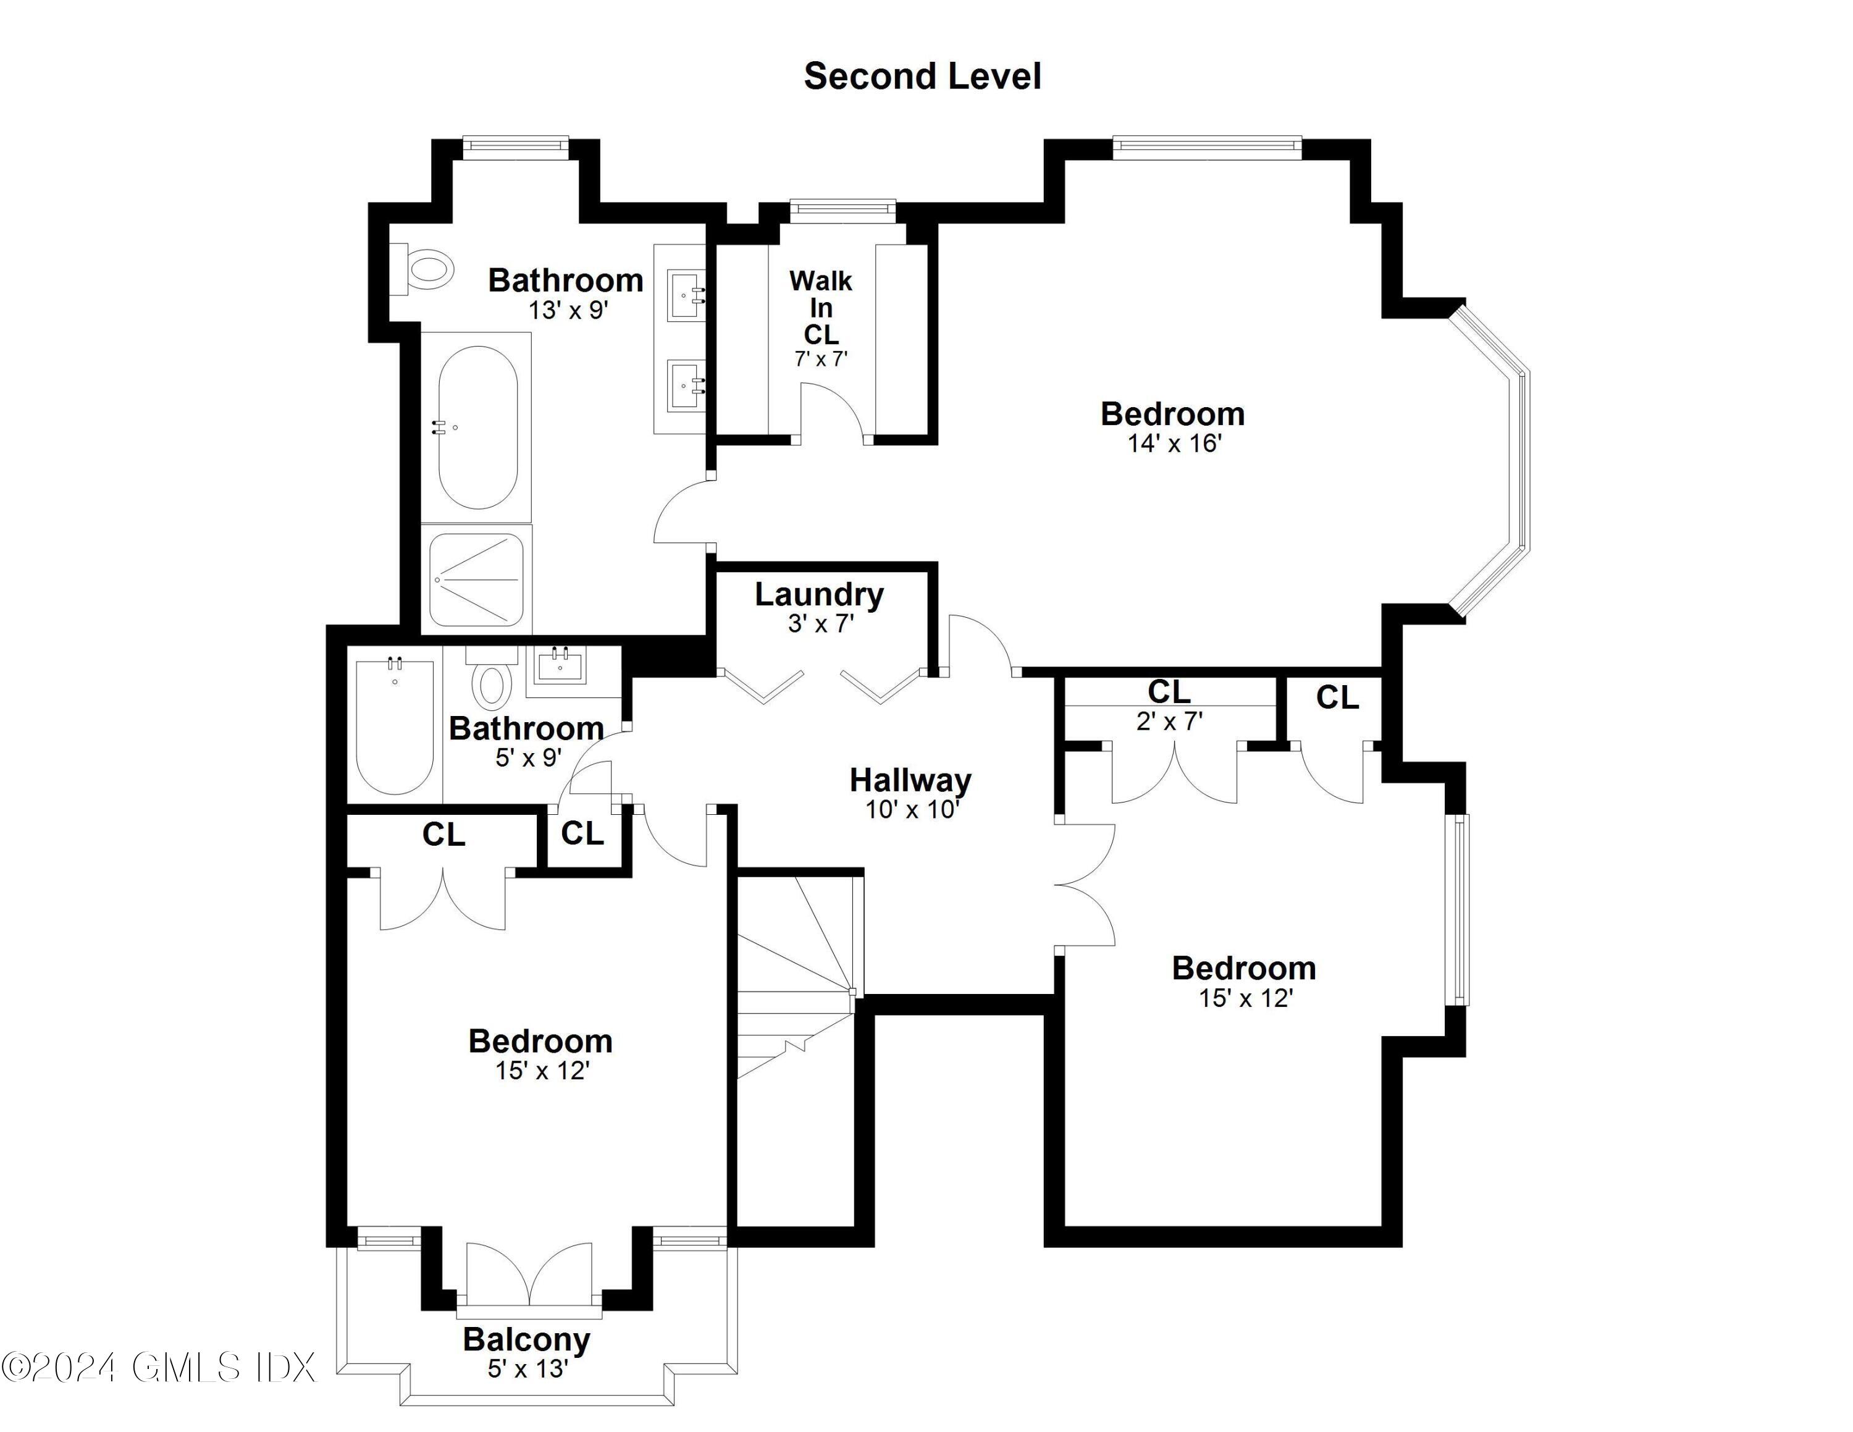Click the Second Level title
[922, 77]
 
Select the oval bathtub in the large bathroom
[477, 427]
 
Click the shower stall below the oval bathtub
[476, 579]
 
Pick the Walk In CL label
[820, 307]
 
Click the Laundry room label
[819, 595]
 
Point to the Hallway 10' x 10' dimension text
[911, 809]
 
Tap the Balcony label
[526, 1339]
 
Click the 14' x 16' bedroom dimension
[1174, 443]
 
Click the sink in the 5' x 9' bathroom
[560, 666]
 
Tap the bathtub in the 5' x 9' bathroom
[395, 727]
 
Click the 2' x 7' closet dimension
[1169, 721]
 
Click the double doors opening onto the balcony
[529, 1274]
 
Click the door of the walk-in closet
[831, 411]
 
